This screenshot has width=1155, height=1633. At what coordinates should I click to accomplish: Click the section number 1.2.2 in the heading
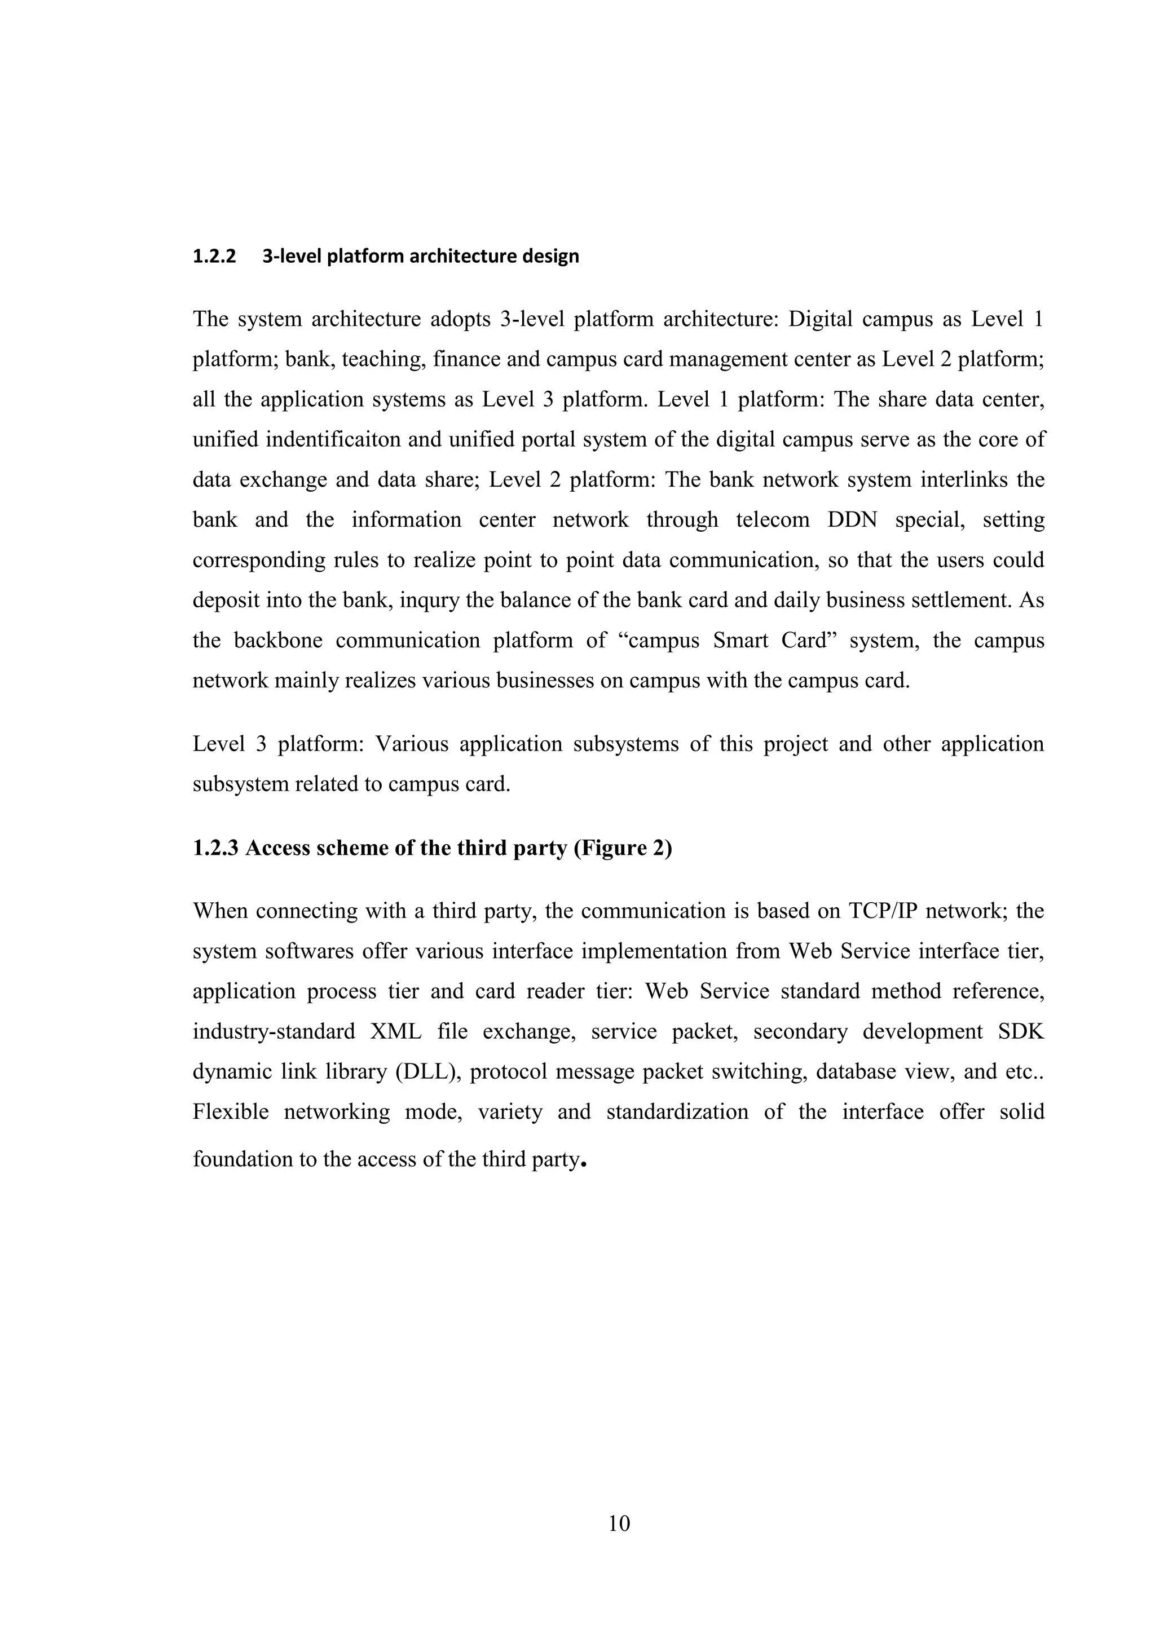click(213, 257)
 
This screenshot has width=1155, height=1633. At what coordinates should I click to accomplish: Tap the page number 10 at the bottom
click(619, 1524)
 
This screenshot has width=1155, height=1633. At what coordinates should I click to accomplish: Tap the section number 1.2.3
click(215, 849)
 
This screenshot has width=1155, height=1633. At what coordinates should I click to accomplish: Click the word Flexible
click(231, 1111)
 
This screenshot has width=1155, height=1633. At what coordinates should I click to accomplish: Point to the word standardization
click(677, 1111)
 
